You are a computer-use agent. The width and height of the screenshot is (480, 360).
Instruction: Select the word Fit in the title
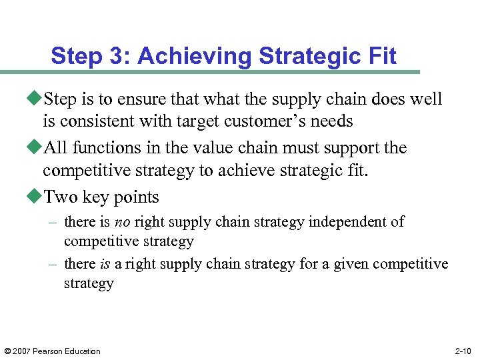382,56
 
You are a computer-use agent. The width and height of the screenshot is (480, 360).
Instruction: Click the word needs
331,121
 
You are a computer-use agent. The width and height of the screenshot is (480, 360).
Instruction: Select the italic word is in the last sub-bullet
105,264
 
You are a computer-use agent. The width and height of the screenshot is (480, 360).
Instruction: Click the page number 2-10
463,351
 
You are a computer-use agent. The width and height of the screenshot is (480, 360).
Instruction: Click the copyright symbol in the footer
7,351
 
